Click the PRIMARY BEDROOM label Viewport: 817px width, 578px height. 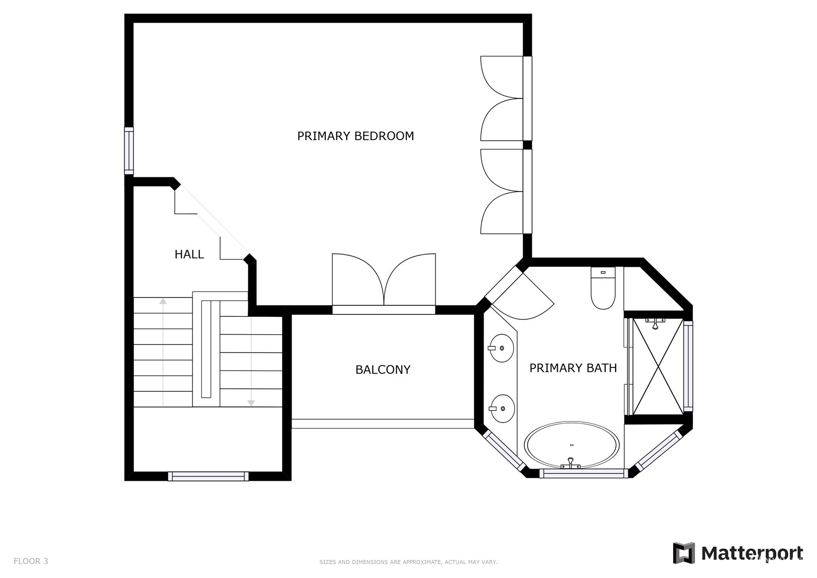pyautogui.click(x=355, y=136)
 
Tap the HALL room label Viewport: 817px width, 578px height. pyautogui.click(x=189, y=254)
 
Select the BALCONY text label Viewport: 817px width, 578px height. pyautogui.click(x=382, y=369)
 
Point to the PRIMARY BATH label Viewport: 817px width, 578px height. pyautogui.click(x=573, y=367)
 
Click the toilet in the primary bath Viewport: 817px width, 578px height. pyautogui.click(x=603, y=288)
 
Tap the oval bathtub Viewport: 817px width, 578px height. pyautogui.click(x=571, y=445)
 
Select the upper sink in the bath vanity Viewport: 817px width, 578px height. pyautogui.click(x=501, y=348)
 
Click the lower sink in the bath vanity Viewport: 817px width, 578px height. pyautogui.click(x=502, y=409)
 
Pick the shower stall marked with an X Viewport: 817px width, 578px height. pyautogui.click(x=658, y=366)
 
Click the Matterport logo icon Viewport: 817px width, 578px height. pyautogui.click(x=684, y=553)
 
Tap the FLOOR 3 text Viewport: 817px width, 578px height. pyautogui.click(x=31, y=561)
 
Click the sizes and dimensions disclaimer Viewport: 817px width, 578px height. pyautogui.click(x=408, y=562)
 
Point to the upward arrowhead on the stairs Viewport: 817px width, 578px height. pyautogui.click(x=163, y=301)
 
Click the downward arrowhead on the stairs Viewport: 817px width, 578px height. pyautogui.click(x=251, y=403)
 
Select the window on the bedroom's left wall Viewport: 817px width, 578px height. pyautogui.click(x=129, y=151)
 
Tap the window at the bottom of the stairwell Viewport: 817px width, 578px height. pyautogui.click(x=208, y=476)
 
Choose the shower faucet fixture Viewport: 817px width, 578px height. pyautogui.click(x=655, y=323)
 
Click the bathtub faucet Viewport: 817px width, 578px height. pyautogui.click(x=570, y=464)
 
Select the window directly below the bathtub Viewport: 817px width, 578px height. pyautogui.click(x=583, y=474)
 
